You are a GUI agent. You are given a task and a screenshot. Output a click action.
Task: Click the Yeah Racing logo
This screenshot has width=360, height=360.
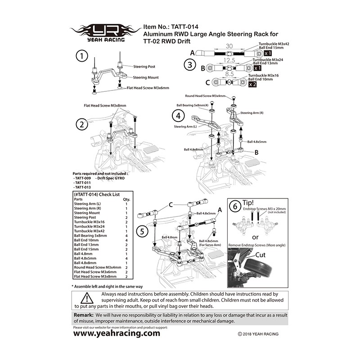[x=105, y=33]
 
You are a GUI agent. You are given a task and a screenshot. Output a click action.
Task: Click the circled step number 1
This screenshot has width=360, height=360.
[x=81, y=57]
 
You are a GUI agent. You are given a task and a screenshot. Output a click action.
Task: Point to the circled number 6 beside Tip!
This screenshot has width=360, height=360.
[x=234, y=207]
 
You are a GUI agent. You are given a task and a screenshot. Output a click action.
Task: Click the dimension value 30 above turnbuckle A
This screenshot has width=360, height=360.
[x=229, y=46]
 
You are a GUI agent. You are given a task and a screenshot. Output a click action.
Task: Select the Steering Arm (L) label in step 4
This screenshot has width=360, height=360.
[x=186, y=127]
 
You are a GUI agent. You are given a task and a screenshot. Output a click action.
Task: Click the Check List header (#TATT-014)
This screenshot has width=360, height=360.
[x=96, y=194]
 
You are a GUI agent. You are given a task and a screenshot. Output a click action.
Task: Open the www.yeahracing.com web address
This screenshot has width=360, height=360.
[x=116, y=333]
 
